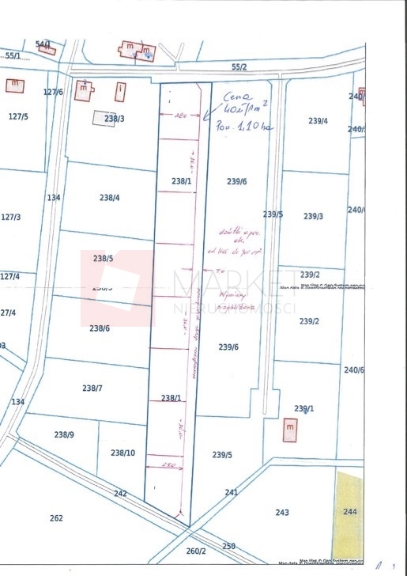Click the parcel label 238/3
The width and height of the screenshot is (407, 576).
[115, 119]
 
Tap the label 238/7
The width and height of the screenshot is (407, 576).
[92, 388]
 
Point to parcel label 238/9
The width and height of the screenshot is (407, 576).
[64, 434]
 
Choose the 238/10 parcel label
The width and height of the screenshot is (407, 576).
[122, 453]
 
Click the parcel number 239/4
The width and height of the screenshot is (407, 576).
[318, 121]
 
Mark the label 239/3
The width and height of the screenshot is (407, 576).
[314, 216]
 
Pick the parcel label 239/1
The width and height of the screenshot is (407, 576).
[304, 408]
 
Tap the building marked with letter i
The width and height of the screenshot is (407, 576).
[120, 93]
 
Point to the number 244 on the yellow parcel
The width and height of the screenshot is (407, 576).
[351, 512]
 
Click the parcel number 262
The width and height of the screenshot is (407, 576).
[56, 518]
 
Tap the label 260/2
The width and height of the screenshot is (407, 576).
[196, 551]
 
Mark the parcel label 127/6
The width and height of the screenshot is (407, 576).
[53, 92]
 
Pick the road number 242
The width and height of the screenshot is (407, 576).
[120, 493]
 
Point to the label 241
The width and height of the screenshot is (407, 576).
[231, 492]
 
